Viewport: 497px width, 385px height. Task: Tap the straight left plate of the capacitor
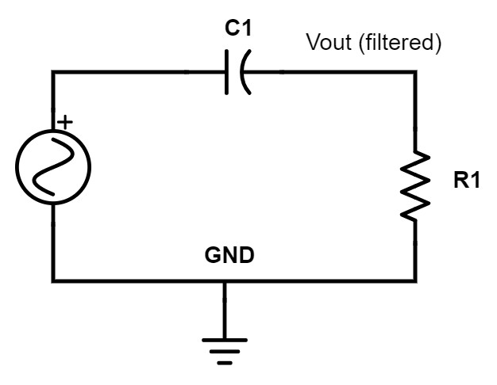point(229,73)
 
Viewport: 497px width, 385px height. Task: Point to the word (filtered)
point(399,43)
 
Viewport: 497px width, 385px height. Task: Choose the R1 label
point(467,181)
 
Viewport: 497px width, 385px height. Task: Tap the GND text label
point(230,256)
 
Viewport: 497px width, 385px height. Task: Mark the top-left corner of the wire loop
point(53,73)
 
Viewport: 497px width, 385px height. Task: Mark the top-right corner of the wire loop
point(414,73)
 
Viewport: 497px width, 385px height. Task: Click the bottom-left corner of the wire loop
point(53,280)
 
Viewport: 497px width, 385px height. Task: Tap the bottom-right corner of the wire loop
point(414,280)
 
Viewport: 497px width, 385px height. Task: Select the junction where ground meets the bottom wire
point(225,280)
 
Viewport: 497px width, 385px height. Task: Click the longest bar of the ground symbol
point(225,340)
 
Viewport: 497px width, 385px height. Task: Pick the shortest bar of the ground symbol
point(225,364)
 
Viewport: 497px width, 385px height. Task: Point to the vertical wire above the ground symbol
point(225,311)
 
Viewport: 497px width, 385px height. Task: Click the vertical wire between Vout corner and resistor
point(414,111)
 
